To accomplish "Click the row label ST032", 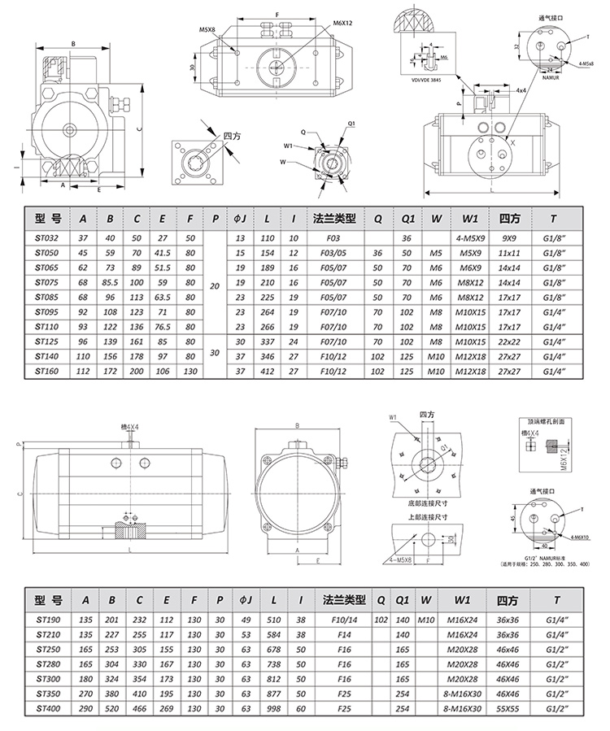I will pyautogui.click(x=48, y=238).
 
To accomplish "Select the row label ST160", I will pyautogui.click(x=48, y=371).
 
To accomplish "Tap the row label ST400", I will pyautogui.click(x=48, y=708).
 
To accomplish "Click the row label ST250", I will pyautogui.click(x=48, y=650).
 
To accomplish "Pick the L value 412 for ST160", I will pyautogui.click(x=267, y=371).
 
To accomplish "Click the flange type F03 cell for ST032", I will pyautogui.click(x=333, y=238).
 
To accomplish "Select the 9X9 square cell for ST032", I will pyautogui.click(x=510, y=238).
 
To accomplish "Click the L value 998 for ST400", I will pyautogui.click(x=273, y=708).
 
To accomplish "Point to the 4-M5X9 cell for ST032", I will pyautogui.click(x=470, y=238).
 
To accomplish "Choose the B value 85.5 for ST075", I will pyautogui.click(x=110, y=282).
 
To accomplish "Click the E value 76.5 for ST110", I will pyautogui.click(x=162, y=326).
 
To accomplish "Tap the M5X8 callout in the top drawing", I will pyautogui.click(x=207, y=29).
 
